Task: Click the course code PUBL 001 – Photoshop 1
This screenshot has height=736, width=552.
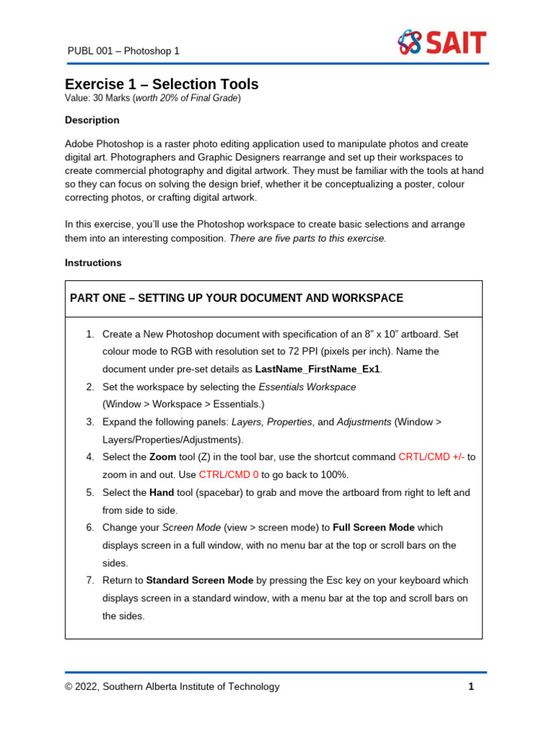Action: pyautogui.click(x=123, y=51)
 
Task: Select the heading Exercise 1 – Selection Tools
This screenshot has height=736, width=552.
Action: pyautogui.click(x=162, y=84)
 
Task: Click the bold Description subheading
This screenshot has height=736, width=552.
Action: pyautogui.click(x=92, y=120)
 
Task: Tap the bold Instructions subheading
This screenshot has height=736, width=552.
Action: pyautogui.click(x=93, y=263)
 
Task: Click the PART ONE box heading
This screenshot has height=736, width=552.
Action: pyautogui.click(x=236, y=298)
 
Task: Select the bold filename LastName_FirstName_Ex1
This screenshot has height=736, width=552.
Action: pyautogui.click(x=318, y=369)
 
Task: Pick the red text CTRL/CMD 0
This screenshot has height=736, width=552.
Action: pyautogui.click(x=229, y=474)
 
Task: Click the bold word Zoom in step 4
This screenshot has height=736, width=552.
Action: pyautogui.click(x=162, y=457)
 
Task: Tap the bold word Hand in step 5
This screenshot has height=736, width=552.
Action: pyautogui.click(x=162, y=492)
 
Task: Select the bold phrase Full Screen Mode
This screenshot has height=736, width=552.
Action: pyautogui.click(x=373, y=528)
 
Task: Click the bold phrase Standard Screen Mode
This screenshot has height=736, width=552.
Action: pyautogui.click(x=200, y=580)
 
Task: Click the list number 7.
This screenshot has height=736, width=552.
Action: pyautogui.click(x=90, y=580)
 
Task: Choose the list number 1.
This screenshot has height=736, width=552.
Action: pyautogui.click(x=90, y=334)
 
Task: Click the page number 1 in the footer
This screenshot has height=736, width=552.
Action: pyautogui.click(x=471, y=686)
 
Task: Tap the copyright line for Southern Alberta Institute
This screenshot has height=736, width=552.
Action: pyautogui.click(x=172, y=686)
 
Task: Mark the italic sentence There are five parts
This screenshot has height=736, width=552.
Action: pyautogui.click(x=308, y=239)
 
